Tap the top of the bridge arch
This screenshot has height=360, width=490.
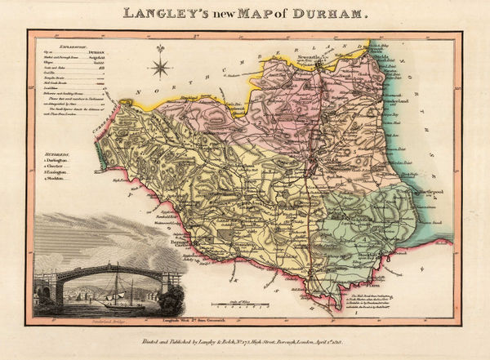point(106,266)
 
